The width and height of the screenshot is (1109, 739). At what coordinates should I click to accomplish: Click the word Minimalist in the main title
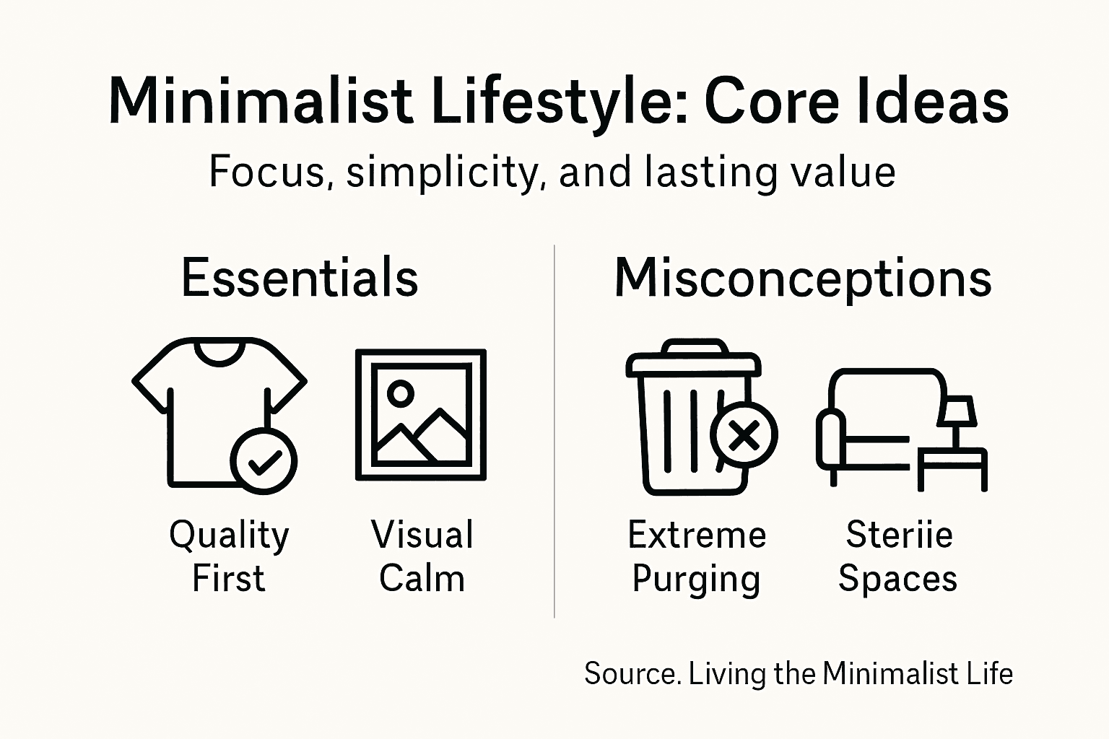click(260, 102)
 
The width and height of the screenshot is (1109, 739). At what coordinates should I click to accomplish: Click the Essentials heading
click(300, 278)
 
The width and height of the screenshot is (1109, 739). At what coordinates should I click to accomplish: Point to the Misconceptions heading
click(803, 278)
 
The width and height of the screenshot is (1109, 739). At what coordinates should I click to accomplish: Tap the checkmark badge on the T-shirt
click(264, 460)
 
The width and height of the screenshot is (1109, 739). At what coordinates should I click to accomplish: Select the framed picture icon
click(421, 415)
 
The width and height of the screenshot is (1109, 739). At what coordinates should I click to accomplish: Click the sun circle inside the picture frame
click(400, 393)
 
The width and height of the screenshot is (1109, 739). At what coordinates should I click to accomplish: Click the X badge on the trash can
click(744, 434)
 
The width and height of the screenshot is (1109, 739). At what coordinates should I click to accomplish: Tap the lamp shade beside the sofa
click(957, 411)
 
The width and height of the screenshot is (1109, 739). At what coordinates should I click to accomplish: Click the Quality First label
click(229, 556)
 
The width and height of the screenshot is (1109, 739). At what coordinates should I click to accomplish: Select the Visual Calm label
click(422, 556)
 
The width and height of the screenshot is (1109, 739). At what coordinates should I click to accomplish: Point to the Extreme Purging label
click(697, 556)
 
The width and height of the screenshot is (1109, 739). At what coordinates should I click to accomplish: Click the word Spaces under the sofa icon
click(897, 579)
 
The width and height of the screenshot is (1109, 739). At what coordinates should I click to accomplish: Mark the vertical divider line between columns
click(554, 433)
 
